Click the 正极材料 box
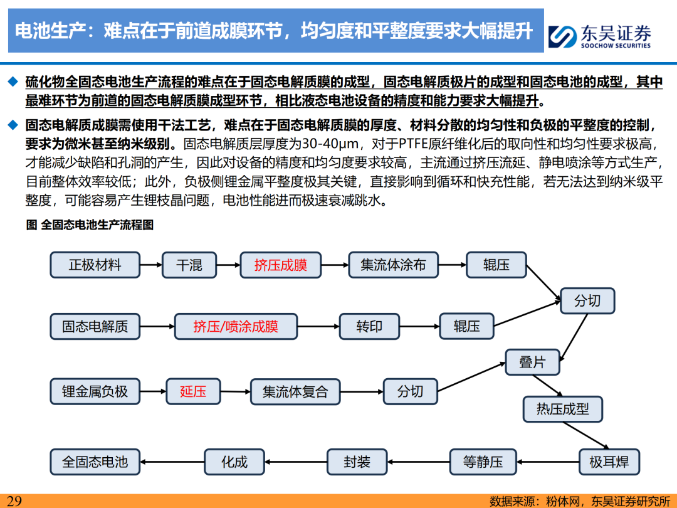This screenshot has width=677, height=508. pos(95,265)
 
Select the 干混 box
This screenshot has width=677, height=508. pos(189,265)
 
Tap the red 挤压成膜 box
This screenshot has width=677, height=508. pos(281,265)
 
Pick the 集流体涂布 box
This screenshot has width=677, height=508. pos(393,265)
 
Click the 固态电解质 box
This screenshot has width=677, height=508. pos(95,326)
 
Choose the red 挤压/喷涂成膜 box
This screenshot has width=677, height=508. pos(236,326)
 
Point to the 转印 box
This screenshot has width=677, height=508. pos(369,326)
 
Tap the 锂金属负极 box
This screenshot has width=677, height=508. pos(95,391)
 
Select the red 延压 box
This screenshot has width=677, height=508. pos(193,391)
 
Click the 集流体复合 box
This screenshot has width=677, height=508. pos(295,391)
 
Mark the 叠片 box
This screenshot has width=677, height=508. pos(532,362)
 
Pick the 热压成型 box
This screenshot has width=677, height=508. pos(562,409)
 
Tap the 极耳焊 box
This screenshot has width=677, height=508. pos(609,462)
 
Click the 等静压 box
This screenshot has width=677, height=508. pos(483,462)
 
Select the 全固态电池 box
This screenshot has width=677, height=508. pos(95,462)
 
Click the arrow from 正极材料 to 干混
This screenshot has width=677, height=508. pos(150,265)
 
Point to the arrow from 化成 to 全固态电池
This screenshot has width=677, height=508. pos(172,462)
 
